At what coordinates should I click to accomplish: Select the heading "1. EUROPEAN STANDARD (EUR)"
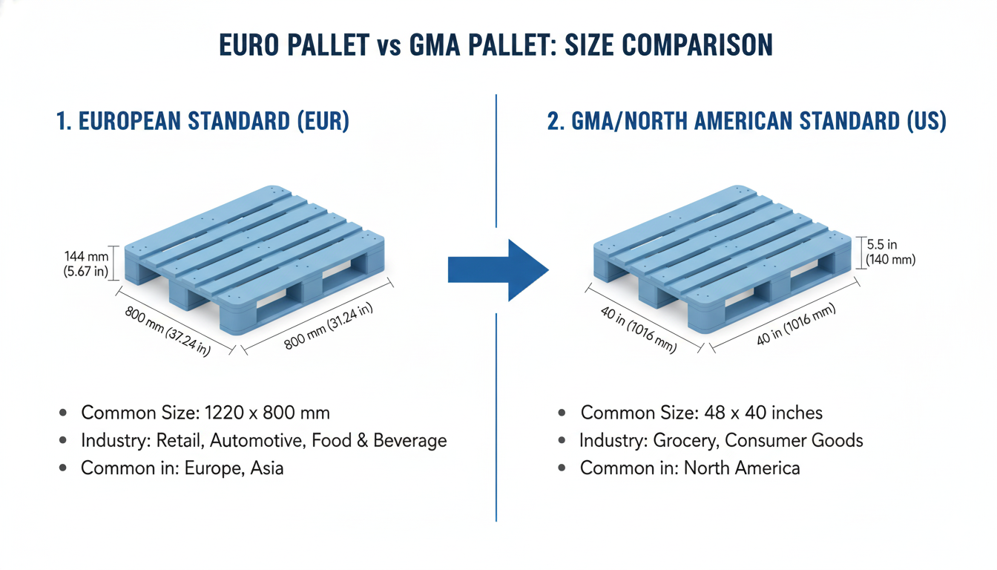[203, 122]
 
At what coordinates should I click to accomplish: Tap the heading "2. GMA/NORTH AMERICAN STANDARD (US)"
[746, 122]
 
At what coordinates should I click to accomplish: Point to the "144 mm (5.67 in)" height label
[86, 263]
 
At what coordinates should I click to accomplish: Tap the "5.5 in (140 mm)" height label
[890, 252]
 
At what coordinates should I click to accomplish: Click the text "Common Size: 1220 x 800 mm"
[205, 413]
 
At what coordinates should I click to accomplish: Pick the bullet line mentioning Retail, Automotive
[263, 441]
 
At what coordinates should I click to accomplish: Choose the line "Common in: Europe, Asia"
[182, 468]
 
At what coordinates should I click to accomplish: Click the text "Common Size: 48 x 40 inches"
[701, 413]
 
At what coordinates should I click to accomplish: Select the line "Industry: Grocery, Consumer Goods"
[721, 441]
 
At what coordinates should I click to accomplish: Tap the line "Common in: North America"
[690, 468]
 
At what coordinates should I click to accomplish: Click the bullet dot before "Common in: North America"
[565, 468]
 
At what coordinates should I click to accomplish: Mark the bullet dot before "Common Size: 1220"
[65, 413]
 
